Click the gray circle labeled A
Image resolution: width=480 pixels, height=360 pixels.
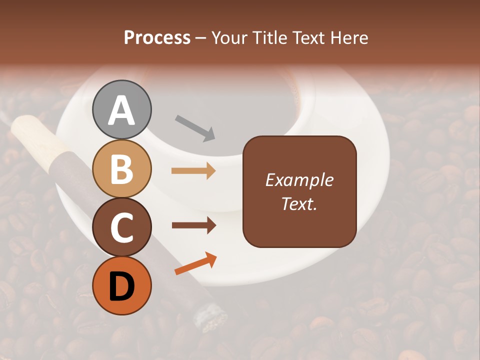click(x=122, y=109)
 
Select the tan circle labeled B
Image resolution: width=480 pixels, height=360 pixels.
click(x=122, y=168)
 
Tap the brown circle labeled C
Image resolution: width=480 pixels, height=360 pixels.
click(x=122, y=227)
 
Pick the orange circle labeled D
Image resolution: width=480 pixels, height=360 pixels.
click(x=122, y=285)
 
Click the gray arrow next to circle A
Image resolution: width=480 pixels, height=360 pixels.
click(x=195, y=128)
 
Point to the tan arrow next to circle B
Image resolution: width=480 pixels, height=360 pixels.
click(x=193, y=171)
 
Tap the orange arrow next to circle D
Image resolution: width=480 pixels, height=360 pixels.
click(x=195, y=264)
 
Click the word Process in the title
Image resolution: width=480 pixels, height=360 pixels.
click(x=157, y=37)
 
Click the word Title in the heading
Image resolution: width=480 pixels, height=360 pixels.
click(x=270, y=37)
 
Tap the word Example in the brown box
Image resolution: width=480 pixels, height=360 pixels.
click(x=299, y=180)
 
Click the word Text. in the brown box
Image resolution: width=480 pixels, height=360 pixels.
click(x=299, y=203)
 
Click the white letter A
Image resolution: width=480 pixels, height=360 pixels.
click(x=122, y=110)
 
